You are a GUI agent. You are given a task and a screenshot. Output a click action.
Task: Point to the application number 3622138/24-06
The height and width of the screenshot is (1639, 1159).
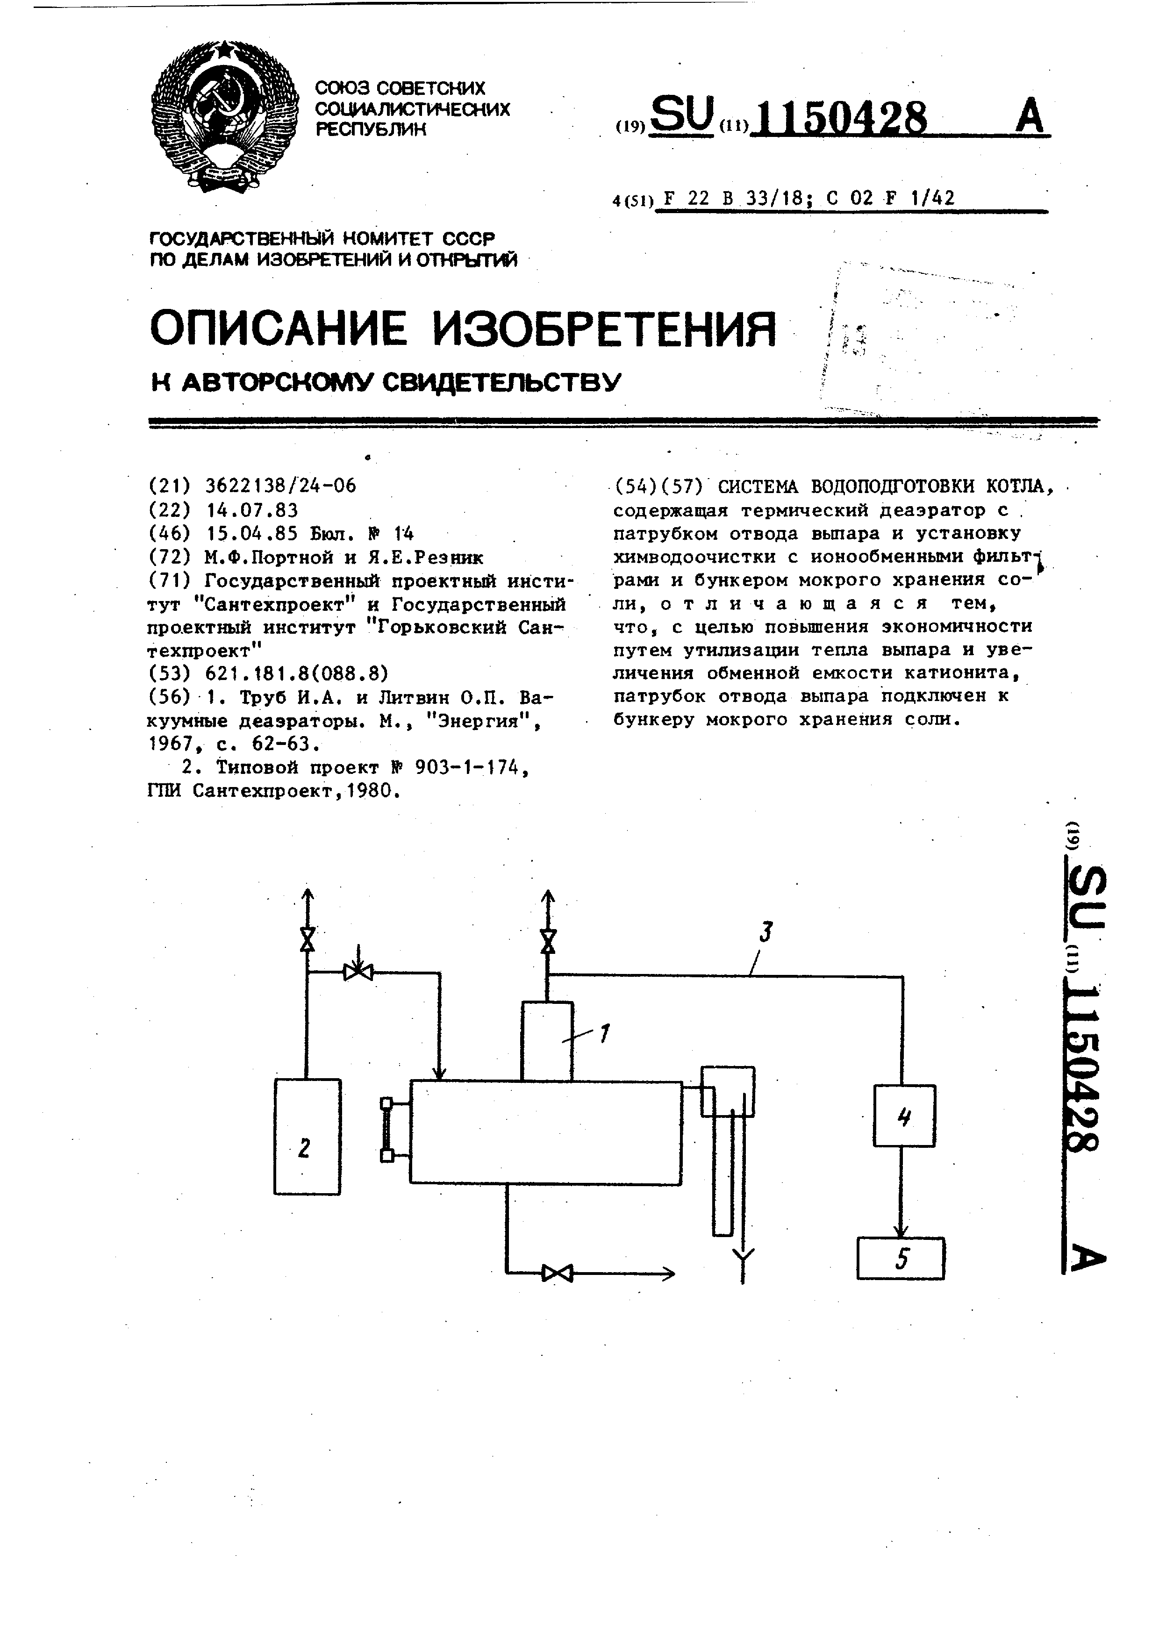280,486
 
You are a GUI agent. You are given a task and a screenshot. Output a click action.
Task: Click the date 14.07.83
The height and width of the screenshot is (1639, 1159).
251,510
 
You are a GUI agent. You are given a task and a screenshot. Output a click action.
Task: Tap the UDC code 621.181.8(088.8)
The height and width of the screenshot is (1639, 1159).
296,673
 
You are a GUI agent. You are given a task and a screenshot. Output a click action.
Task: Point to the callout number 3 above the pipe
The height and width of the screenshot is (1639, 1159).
766,931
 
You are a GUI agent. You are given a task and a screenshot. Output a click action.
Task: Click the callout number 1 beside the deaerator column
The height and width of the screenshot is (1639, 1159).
604,1033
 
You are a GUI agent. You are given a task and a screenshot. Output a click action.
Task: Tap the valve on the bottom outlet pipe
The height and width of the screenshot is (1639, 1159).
557,1273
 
